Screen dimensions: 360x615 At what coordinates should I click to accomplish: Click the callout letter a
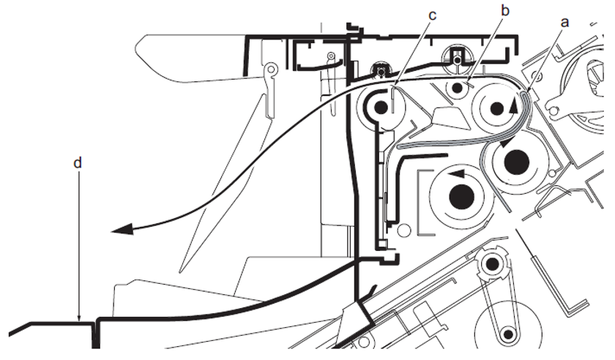point(564,22)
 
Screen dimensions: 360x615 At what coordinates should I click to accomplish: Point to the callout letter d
point(78,162)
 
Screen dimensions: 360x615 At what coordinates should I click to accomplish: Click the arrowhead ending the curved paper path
point(122,230)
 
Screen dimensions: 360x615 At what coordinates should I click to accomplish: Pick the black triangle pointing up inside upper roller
point(513,105)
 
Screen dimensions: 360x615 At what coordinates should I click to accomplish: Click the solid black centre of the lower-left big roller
point(461,195)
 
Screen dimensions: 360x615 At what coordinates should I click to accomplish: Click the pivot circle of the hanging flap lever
point(271,70)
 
